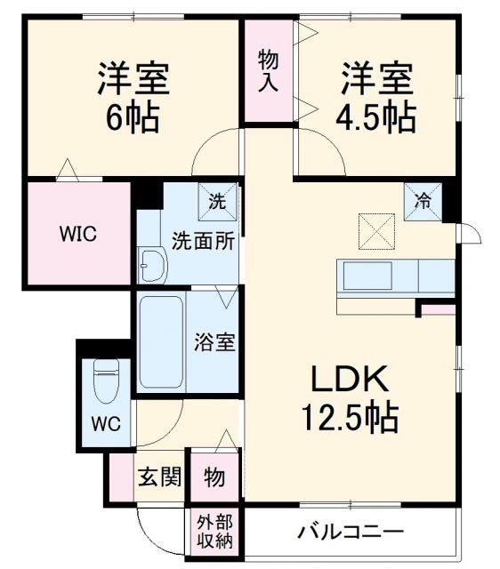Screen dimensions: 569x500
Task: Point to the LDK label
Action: click(x=349, y=381)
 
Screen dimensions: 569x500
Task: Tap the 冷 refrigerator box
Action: click(x=423, y=201)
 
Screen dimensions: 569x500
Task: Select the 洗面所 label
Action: click(x=205, y=240)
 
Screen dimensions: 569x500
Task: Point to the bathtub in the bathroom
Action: click(x=161, y=341)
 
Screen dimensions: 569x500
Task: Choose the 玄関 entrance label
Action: click(x=158, y=477)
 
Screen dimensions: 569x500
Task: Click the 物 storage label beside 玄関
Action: click(x=214, y=477)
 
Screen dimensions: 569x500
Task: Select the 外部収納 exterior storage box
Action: click(x=214, y=530)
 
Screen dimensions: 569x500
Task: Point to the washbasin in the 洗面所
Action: click(x=153, y=264)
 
